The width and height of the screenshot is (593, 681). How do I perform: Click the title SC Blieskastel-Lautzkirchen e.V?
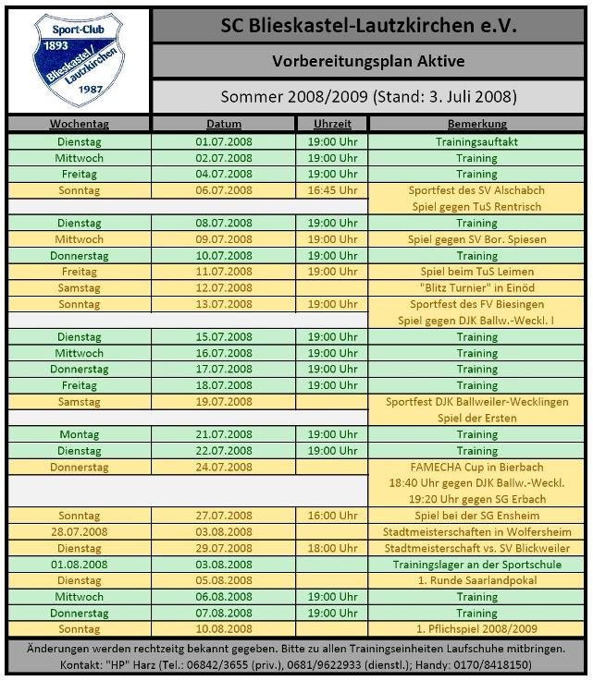pos(368,26)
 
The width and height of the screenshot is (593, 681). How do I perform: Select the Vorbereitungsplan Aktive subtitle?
pos(368,62)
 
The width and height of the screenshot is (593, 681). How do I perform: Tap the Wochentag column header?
pos(79,124)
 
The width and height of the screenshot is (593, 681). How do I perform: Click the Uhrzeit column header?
pos(332,124)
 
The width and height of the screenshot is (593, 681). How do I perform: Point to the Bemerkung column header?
pos(476,124)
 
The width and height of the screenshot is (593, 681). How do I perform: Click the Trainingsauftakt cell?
pos(476,142)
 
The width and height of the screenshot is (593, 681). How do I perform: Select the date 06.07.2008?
pos(224,190)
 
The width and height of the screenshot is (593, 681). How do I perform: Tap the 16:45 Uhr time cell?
pos(332,190)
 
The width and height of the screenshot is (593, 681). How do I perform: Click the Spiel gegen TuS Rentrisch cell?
pos(476,207)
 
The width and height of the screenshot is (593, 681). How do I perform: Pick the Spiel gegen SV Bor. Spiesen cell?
pos(476,239)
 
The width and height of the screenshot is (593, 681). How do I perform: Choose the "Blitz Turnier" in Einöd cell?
pos(476,288)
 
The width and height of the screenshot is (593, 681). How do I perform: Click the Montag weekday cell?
pos(79,434)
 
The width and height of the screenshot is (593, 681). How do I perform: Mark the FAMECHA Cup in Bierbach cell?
pos(476,468)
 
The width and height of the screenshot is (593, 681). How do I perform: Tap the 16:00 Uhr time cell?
pos(332,516)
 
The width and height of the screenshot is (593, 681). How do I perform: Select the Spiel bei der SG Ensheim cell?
pos(476,516)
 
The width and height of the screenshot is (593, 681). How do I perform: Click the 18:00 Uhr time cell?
pos(332,548)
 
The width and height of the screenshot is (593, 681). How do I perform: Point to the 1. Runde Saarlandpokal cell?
pos(476,580)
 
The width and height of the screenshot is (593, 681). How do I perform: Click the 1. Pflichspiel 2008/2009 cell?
pos(476,629)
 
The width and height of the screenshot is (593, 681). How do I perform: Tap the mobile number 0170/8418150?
pos(499,664)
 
